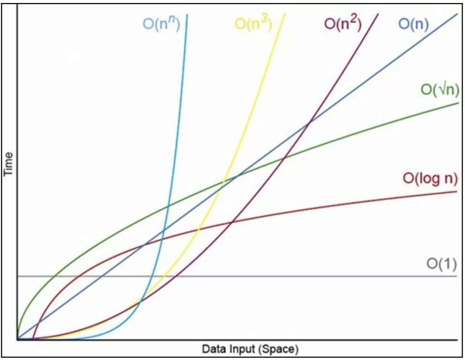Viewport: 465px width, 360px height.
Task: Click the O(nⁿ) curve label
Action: coord(161,25)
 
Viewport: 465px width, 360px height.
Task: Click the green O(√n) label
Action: coord(439,89)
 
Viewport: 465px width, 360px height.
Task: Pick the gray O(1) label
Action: coord(442,264)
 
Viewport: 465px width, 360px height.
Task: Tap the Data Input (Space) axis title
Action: coord(250,348)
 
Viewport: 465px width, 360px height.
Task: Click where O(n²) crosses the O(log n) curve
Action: coord(231,222)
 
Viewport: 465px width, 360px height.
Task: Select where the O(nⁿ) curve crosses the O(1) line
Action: coord(149,276)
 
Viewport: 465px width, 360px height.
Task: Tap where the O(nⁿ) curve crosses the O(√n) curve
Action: coord(168,206)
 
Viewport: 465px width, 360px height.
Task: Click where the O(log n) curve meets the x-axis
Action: coord(33,338)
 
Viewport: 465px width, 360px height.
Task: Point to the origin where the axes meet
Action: coord(17,339)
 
